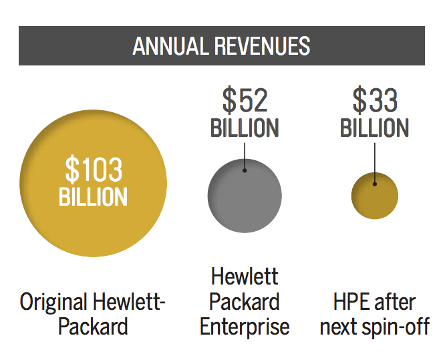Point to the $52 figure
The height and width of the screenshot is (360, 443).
tap(245, 100)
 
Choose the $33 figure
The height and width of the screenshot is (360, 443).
tap(375, 100)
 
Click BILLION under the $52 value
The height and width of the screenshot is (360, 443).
tap(245, 128)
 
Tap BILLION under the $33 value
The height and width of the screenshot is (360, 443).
tap(375, 128)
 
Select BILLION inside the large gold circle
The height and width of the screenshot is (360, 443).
tap(94, 196)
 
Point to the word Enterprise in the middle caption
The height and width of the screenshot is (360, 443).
tap(245, 327)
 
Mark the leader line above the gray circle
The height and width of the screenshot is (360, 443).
tap(245, 154)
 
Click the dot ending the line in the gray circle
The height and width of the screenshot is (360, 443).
tap(245, 170)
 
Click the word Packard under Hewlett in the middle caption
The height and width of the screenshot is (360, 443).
tap(245, 302)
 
